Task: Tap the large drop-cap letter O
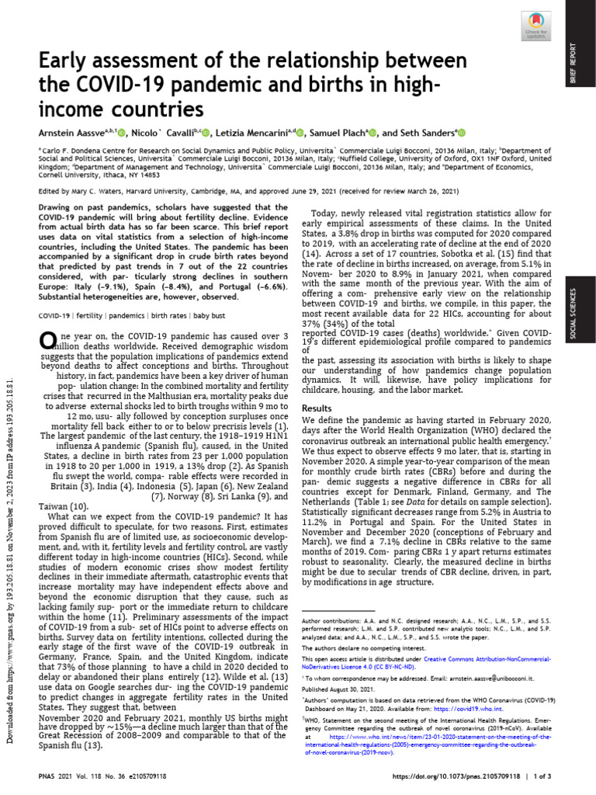[47, 339]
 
